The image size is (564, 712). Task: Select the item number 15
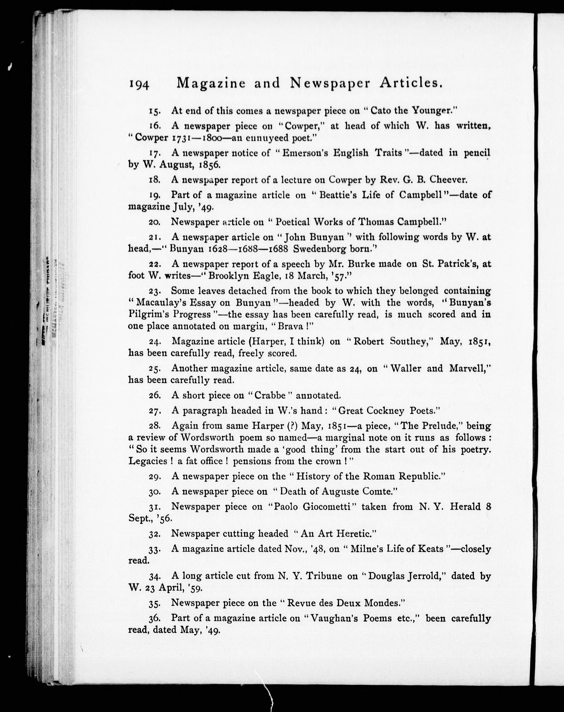(x=155, y=111)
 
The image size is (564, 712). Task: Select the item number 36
(x=155, y=619)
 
